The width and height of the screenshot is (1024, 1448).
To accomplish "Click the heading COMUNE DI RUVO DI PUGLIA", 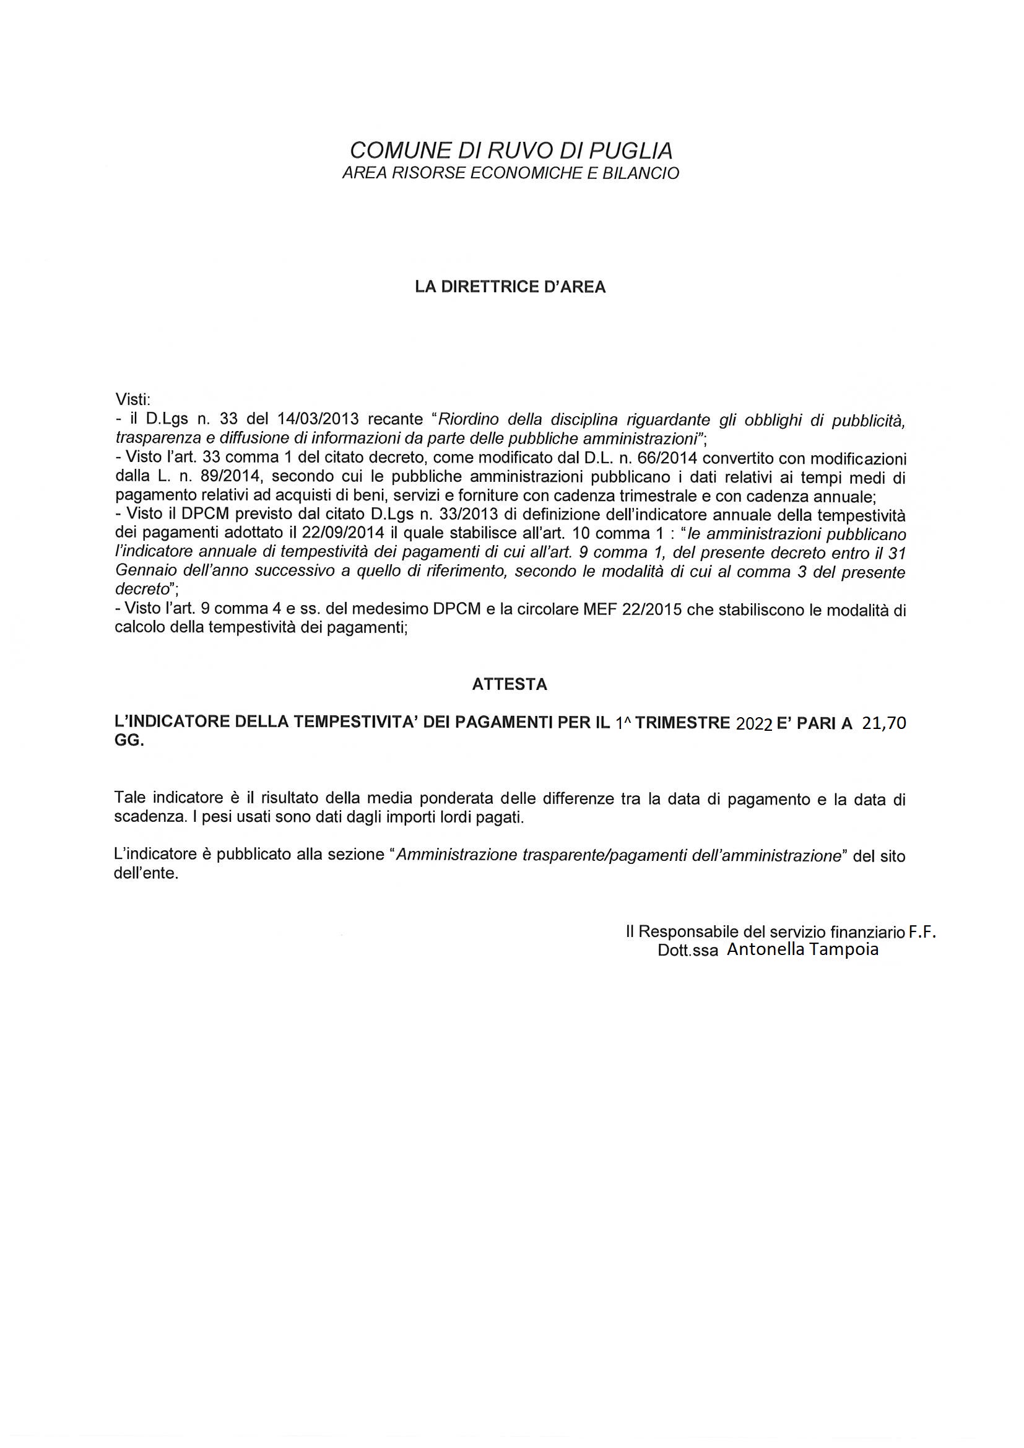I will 511,150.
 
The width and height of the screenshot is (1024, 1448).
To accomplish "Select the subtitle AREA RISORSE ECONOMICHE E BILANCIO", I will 511,173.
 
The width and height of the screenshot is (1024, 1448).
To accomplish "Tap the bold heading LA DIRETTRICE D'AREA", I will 510,287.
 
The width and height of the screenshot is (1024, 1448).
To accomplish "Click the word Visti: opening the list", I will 133,399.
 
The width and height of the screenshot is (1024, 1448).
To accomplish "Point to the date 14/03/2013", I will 318,419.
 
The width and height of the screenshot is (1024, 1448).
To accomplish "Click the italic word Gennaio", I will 142,572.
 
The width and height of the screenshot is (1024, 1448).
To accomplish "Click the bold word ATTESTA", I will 510,685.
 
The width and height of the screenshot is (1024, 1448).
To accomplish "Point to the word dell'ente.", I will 145,875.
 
